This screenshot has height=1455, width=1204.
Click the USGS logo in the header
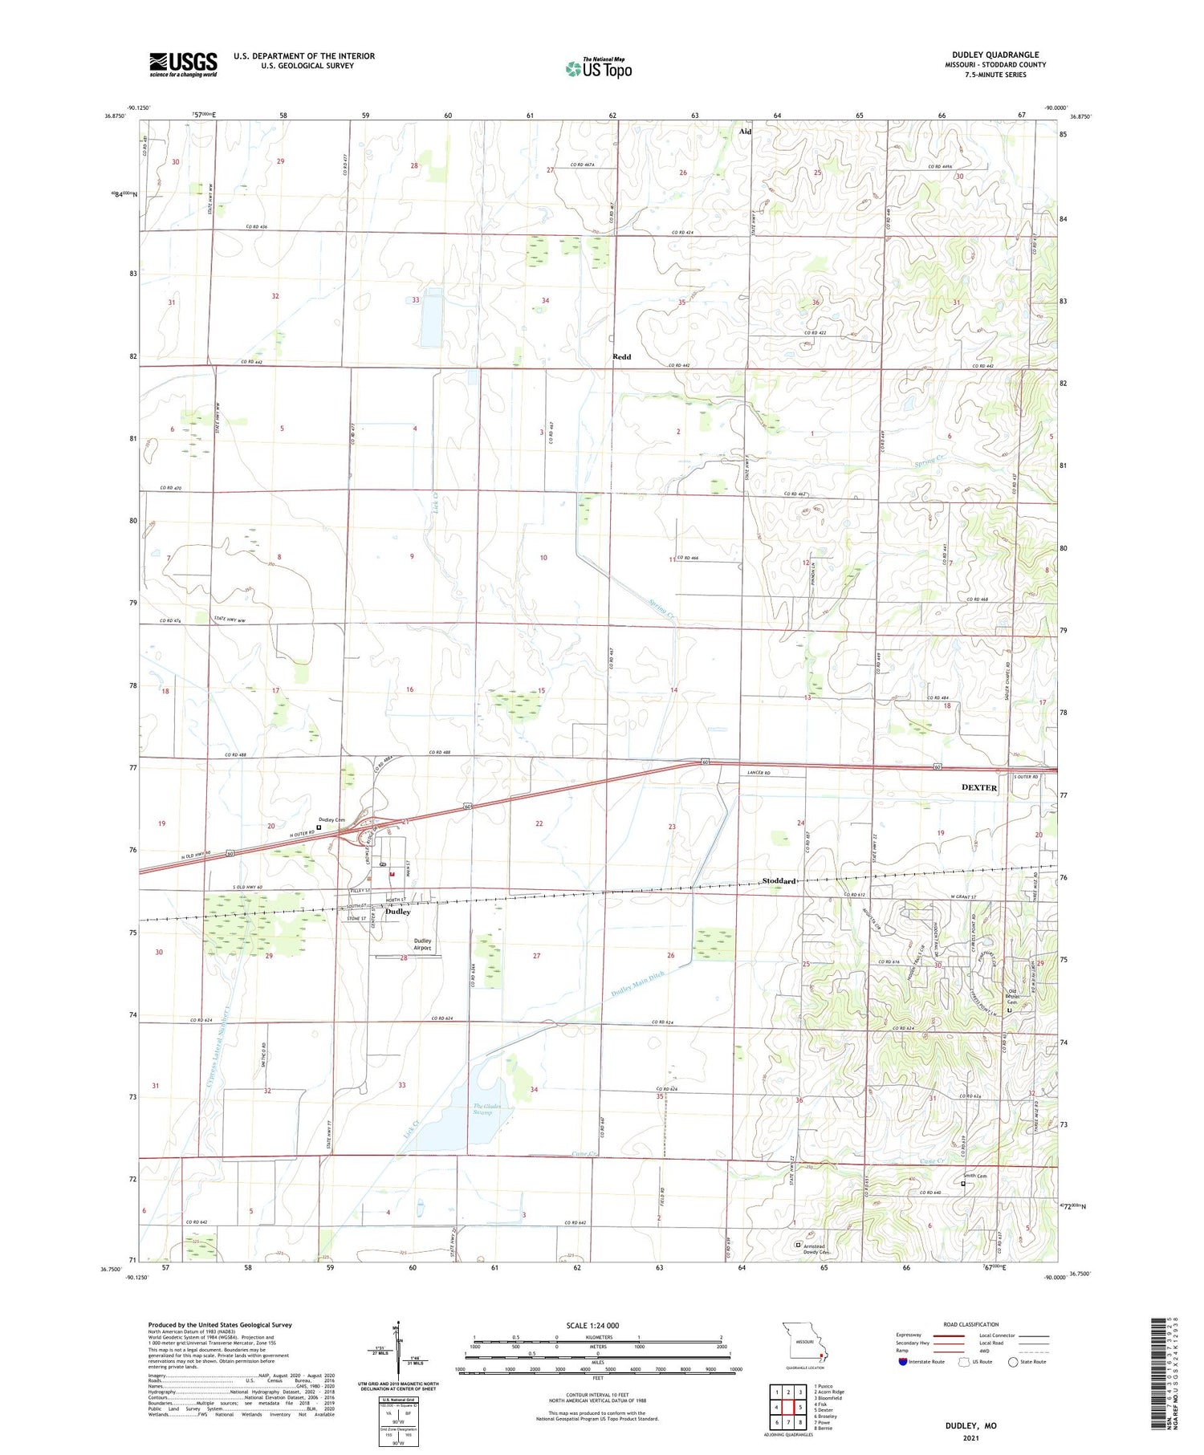[x=183, y=64]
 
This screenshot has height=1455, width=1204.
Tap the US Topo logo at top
[x=598, y=69]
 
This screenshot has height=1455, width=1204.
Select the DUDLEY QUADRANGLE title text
[x=995, y=55]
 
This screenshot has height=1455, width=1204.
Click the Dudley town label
[x=398, y=912]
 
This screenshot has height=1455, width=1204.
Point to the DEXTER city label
[x=978, y=787]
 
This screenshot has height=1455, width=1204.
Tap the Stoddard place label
[x=779, y=881]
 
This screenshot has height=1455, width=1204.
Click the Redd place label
[x=621, y=357]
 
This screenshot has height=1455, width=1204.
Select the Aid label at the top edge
[x=745, y=131]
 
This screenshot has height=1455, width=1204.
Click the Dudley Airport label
[x=422, y=945]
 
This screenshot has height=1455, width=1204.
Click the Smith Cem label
[x=975, y=1176]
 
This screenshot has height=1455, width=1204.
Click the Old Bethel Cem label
[x=1011, y=998]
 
